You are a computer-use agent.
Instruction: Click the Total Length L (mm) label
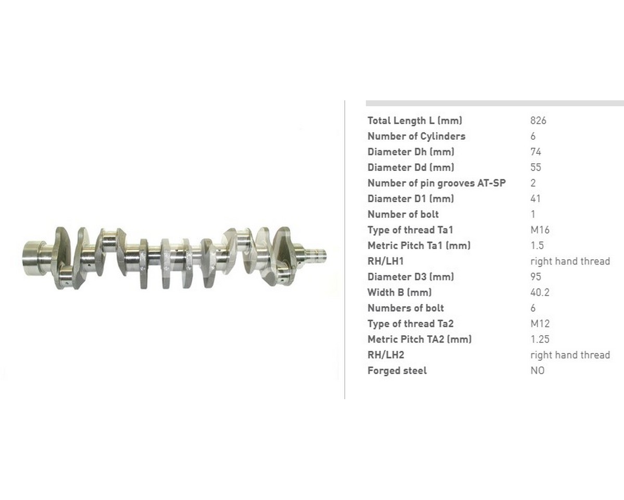pyautogui.click(x=414, y=121)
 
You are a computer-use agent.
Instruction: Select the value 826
pyautogui.click(x=538, y=121)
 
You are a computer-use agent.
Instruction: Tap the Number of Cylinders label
pyautogui.click(x=416, y=136)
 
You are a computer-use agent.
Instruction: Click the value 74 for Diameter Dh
pyautogui.click(x=536, y=152)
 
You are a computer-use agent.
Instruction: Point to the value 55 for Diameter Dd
pyautogui.click(x=536, y=167)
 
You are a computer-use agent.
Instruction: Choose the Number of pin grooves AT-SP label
pyautogui.click(x=436, y=183)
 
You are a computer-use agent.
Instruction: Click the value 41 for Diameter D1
pyautogui.click(x=536, y=199)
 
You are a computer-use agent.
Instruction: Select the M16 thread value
pyautogui.click(x=540, y=230)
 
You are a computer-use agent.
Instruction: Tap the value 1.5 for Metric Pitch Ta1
pyautogui.click(x=537, y=245)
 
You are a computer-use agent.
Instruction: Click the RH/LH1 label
pyautogui.click(x=385, y=261)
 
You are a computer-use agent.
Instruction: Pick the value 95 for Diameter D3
pyautogui.click(x=536, y=277)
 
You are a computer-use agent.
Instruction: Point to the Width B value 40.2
pyautogui.click(x=540, y=292)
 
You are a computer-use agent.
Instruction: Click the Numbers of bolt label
pyautogui.click(x=406, y=308)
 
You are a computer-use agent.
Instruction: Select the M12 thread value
pyautogui.click(x=540, y=323)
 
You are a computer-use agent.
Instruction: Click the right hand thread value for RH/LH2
pyautogui.click(x=570, y=355)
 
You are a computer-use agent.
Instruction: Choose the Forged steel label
pyautogui.click(x=397, y=371)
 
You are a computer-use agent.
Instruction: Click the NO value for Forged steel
pyautogui.click(x=537, y=371)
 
